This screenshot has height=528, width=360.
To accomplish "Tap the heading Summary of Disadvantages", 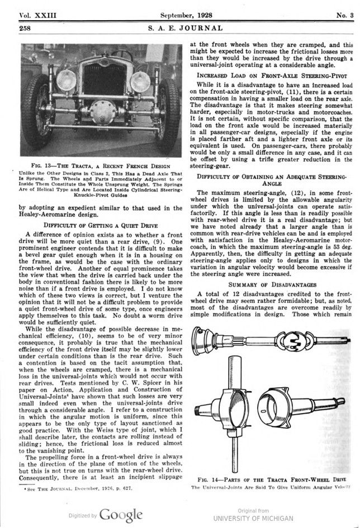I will pyautogui.click(x=272, y=284).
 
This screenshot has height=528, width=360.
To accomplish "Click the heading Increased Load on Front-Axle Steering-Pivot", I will pyautogui.click(x=272, y=74).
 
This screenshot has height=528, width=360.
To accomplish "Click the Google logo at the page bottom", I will pyautogui.click(x=121, y=514).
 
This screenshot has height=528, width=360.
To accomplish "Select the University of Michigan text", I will pyautogui.click(x=253, y=517).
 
